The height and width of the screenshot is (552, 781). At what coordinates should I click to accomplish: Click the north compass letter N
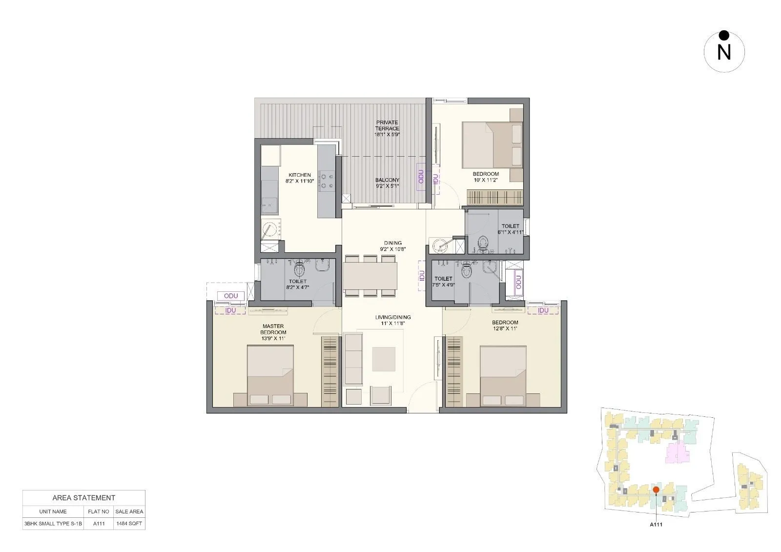pyautogui.click(x=724, y=52)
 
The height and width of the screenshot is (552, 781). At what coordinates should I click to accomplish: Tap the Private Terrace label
pyautogui.click(x=387, y=128)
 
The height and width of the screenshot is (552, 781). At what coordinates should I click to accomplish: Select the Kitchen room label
pyautogui.click(x=300, y=178)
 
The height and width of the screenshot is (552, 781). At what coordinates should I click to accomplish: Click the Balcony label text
pyautogui.click(x=388, y=183)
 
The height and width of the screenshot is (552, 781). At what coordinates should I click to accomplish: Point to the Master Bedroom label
pyautogui.click(x=273, y=332)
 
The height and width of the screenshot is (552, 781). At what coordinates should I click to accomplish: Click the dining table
pyautogui.click(x=370, y=276)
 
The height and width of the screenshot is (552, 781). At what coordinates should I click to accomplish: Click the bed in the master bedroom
pyautogui.click(x=270, y=375)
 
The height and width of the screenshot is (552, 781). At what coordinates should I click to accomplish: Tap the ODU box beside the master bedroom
pyautogui.click(x=231, y=296)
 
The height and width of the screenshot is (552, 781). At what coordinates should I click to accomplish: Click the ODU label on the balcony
pyautogui.click(x=421, y=176)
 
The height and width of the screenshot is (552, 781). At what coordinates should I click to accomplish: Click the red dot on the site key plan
pyautogui.click(x=656, y=490)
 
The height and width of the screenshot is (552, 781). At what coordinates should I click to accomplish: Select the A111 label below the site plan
pyautogui.click(x=656, y=525)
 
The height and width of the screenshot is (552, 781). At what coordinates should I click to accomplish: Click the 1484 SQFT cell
pyautogui.click(x=129, y=524)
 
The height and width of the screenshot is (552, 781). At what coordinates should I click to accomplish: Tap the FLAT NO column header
pyautogui.click(x=99, y=511)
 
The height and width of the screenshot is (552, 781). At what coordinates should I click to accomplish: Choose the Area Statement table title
pyautogui.click(x=84, y=498)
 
